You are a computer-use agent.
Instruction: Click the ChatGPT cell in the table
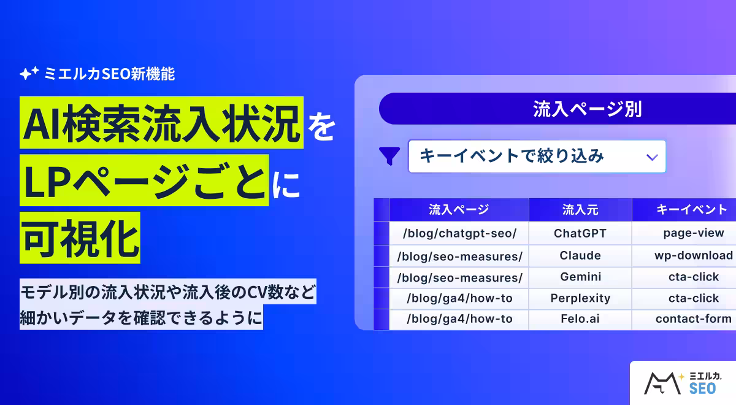click(x=580, y=233)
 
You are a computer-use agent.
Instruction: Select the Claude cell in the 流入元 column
click(x=580, y=255)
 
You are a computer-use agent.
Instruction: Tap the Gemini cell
click(x=580, y=277)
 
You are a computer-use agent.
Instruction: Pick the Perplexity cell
click(x=580, y=298)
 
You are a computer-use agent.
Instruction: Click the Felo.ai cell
click(x=580, y=319)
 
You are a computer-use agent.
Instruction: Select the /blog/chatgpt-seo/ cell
click(x=459, y=233)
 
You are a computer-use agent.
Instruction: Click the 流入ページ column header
click(x=459, y=210)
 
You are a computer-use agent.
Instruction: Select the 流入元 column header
click(x=580, y=210)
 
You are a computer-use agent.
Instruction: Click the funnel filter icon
click(x=389, y=156)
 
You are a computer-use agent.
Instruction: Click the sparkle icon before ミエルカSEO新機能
click(x=29, y=74)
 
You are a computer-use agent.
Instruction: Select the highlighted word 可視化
click(x=80, y=237)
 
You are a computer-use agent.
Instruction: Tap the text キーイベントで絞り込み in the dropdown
click(x=512, y=156)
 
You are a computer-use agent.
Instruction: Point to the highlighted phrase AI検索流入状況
click(x=161, y=123)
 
